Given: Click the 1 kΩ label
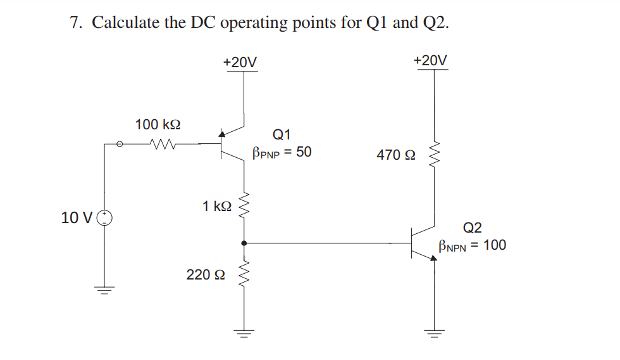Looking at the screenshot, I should (x=216, y=206).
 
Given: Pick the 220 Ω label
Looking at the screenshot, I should (x=206, y=275).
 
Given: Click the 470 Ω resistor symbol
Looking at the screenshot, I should (x=434, y=154).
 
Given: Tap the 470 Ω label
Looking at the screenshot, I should (x=396, y=155).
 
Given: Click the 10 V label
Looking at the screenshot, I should (x=77, y=218).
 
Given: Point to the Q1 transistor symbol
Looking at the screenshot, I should (x=228, y=145).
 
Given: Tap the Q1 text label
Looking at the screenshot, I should (x=281, y=134).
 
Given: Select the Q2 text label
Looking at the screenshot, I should (x=472, y=228).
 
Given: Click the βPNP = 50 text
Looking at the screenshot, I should (x=282, y=153).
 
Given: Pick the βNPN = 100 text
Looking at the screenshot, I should (x=472, y=245).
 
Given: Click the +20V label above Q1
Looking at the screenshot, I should (x=240, y=62).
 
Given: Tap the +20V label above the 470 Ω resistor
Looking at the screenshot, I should (x=430, y=61).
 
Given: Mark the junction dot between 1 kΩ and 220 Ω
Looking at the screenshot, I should (x=244, y=242).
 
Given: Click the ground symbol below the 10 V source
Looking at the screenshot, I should (x=104, y=291).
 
